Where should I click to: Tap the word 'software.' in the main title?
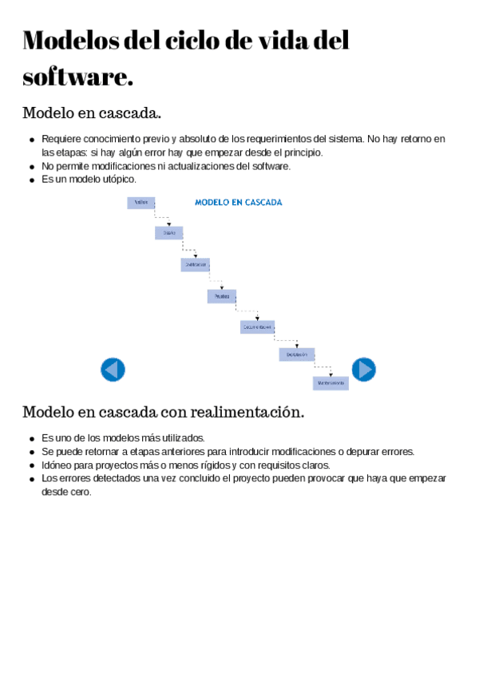click(x=77, y=77)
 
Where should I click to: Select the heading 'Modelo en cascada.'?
click(x=92, y=113)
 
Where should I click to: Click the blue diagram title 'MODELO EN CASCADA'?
click(x=238, y=203)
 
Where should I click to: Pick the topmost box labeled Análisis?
click(x=141, y=203)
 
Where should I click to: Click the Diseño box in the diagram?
click(x=168, y=233)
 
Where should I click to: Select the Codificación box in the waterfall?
click(x=195, y=264)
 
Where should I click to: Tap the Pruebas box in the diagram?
click(x=221, y=296)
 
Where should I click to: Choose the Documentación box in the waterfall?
click(x=257, y=327)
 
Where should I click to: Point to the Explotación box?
click(x=296, y=354)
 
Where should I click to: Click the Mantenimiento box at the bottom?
click(x=330, y=383)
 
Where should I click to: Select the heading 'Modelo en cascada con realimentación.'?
click(x=163, y=413)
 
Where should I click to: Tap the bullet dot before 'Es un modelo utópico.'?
click(x=31, y=180)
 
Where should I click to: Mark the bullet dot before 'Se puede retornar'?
click(x=31, y=453)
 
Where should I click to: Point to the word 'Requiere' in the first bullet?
click(x=60, y=139)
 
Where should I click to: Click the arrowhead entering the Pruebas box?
click(x=223, y=287)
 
